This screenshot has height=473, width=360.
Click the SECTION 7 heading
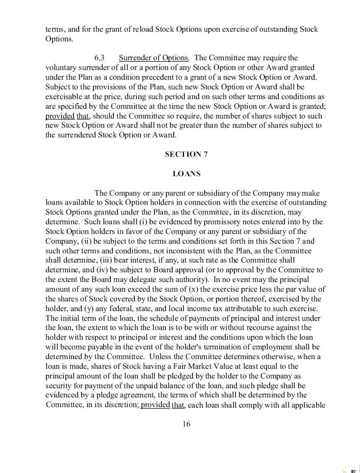(x=186, y=154)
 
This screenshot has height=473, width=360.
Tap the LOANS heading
(x=186, y=174)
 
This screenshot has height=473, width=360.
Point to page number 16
(x=186, y=424)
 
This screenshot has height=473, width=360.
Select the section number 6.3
(x=100, y=58)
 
